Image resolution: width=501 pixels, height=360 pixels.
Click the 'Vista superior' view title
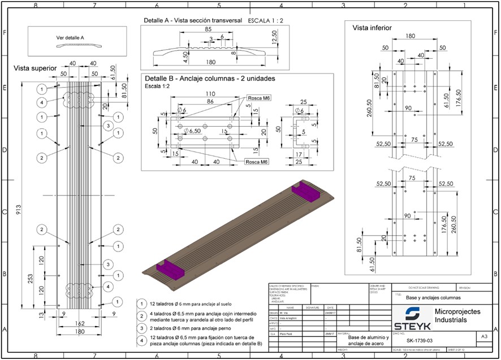pos(35,68)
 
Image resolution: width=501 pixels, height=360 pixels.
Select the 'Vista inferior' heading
pos(372,28)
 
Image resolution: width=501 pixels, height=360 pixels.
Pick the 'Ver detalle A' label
pos(70,38)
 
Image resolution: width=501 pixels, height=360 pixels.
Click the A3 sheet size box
pos(483,336)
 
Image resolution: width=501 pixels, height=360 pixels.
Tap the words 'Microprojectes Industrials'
pos(457,316)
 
